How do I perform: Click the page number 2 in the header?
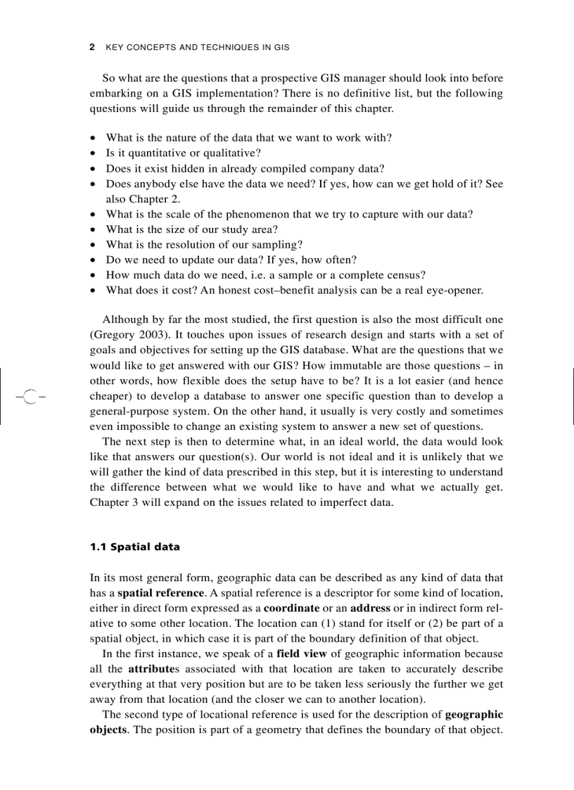point(92,48)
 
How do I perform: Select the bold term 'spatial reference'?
point(160,593)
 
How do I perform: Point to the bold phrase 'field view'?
point(299,654)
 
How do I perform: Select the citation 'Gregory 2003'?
point(123,334)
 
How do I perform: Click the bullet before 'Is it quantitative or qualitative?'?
point(94,153)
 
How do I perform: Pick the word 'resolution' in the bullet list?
point(193,245)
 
